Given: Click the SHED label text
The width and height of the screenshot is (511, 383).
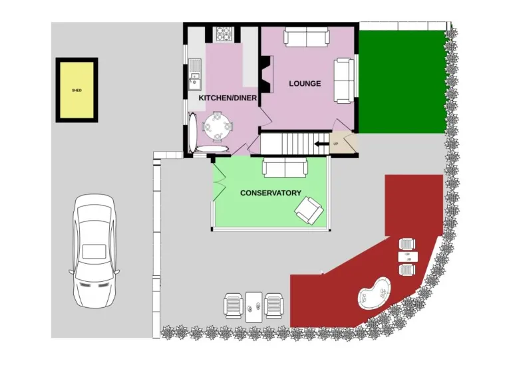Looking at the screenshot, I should (x=77, y=90).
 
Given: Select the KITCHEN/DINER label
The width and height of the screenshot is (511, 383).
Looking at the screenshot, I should (x=227, y=98).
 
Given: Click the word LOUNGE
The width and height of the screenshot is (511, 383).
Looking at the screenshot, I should (x=305, y=84).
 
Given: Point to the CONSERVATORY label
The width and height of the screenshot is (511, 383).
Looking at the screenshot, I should (x=270, y=193).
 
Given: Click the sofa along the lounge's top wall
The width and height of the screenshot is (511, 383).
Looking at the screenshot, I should (x=306, y=37).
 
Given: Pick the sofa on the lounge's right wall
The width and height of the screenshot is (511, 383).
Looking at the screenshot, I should (x=344, y=80).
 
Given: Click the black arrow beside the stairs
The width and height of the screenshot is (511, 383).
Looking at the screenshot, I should (x=321, y=144).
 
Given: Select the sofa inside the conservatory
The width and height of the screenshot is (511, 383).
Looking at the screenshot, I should (x=285, y=168).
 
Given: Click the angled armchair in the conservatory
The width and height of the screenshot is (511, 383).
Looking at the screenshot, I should (x=309, y=211).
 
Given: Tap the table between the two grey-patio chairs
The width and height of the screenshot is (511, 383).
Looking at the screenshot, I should (x=254, y=307).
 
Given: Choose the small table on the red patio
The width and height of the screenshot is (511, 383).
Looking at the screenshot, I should (x=407, y=256).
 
